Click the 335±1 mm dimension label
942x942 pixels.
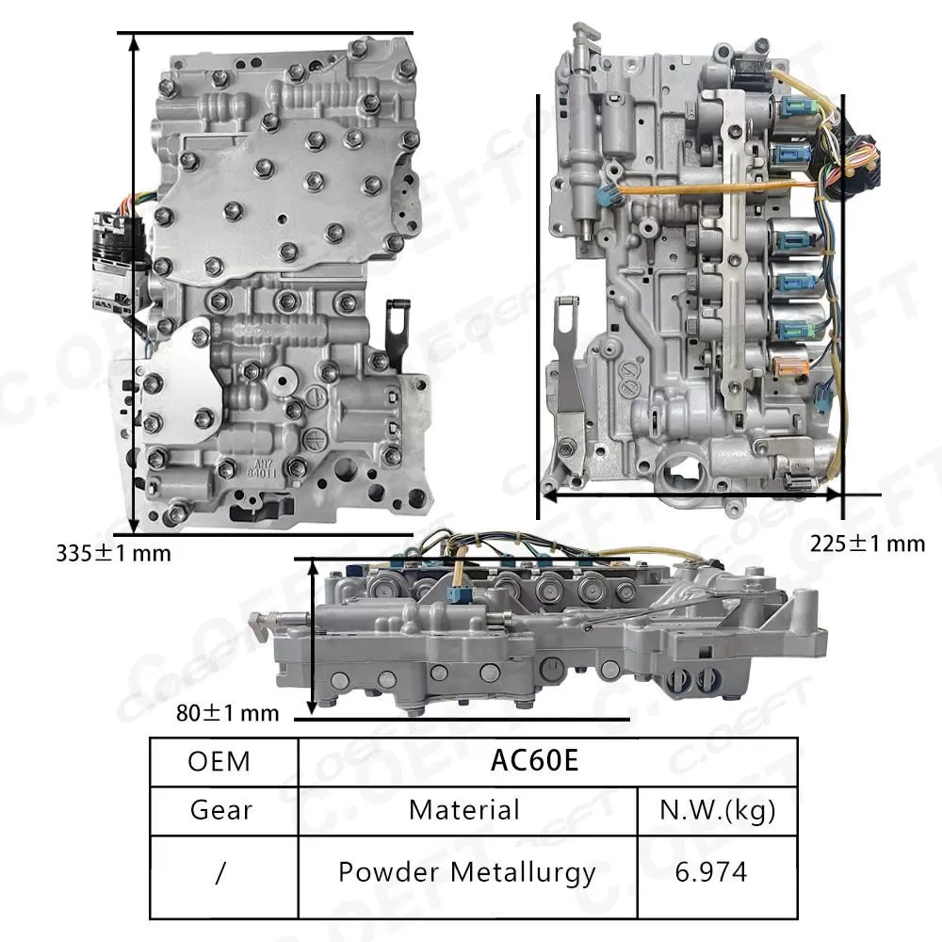click(x=114, y=553)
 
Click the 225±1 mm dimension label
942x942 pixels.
click(x=868, y=544)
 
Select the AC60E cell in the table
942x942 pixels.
click(x=533, y=760)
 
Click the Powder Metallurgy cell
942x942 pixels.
click(x=466, y=872)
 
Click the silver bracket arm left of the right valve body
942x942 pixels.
click(x=571, y=377)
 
